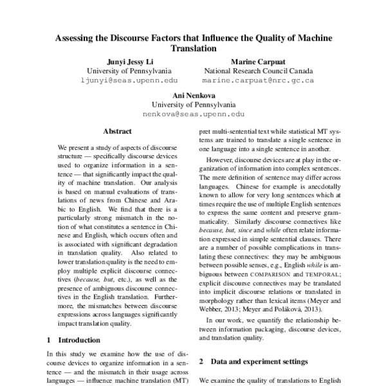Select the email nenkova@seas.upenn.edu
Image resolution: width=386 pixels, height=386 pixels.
tap(193, 114)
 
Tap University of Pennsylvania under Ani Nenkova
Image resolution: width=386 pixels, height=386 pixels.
tap(193, 104)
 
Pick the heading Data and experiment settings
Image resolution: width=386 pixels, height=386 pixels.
tap(257, 362)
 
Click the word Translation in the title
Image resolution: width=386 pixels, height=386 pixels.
tap(193, 48)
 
